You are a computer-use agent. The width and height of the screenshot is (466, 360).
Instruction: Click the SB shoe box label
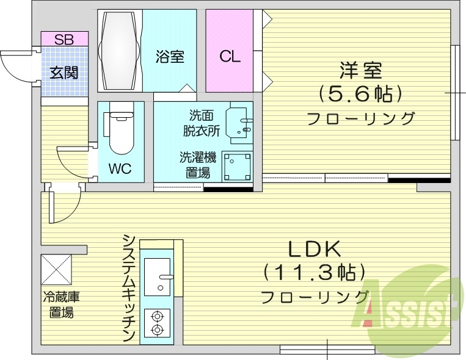point(64,40)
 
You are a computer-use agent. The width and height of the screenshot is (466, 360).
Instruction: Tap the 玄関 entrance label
point(64,73)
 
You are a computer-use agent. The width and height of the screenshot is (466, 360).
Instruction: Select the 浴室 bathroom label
point(170,57)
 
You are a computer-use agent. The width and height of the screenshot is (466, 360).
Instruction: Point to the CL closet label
point(230,57)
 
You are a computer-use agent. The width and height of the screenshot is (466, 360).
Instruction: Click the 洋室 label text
point(360,71)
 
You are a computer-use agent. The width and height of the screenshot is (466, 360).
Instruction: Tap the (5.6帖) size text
point(360,94)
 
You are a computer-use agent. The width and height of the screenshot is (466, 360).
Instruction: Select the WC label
point(120,169)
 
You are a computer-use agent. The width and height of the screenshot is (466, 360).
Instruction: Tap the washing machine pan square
point(236,165)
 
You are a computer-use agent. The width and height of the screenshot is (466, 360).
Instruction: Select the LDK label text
point(314,249)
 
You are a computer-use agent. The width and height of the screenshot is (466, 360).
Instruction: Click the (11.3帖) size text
point(314,272)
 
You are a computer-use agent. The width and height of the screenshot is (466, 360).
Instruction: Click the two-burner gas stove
point(158,323)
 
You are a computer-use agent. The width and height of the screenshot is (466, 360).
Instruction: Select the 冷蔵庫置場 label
point(61,306)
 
